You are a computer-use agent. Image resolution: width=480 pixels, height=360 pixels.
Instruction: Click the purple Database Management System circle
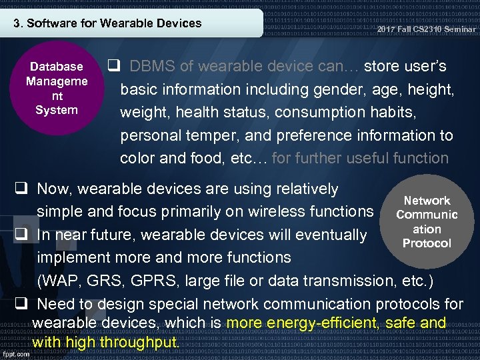56,89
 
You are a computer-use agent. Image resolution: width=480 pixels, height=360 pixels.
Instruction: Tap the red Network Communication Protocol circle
427,222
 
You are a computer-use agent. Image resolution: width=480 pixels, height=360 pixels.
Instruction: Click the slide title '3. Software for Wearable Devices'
108,23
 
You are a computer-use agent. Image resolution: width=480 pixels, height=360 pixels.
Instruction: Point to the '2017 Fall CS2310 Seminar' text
426,29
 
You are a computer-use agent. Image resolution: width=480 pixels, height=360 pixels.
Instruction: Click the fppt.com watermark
15,354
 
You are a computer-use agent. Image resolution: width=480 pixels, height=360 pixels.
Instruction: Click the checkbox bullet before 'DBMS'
113,67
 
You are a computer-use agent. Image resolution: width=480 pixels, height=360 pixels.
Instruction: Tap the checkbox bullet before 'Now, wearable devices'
21,189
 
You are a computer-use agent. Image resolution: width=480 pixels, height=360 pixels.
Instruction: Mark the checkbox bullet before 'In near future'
21,235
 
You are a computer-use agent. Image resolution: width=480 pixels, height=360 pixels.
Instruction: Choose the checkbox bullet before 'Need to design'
21,304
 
